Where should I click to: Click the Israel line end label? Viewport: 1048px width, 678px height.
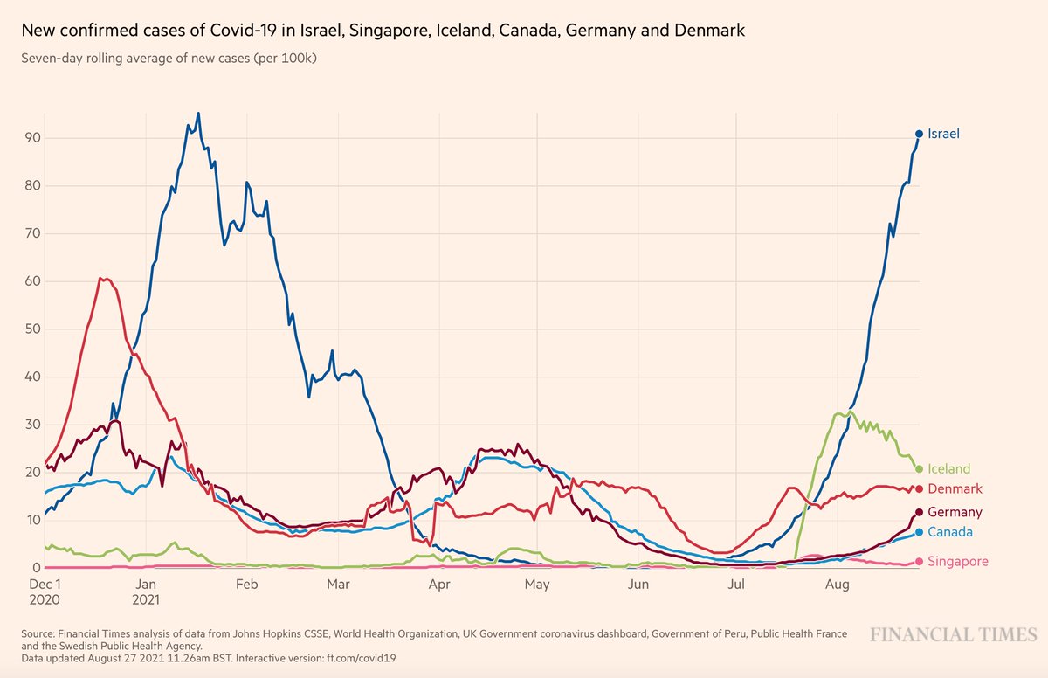click(944, 134)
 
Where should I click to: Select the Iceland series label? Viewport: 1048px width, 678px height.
click(948, 469)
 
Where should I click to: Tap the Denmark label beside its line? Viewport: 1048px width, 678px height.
click(955, 488)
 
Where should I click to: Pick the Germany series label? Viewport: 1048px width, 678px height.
click(955, 512)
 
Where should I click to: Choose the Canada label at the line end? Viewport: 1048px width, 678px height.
click(950, 532)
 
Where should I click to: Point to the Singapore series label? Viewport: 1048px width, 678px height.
click(958, 562)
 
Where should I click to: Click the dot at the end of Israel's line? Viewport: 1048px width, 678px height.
click(919, 134)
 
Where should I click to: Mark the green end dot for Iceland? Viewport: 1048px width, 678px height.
click(919, 469)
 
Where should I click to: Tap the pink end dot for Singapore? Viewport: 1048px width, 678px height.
click(919, 562)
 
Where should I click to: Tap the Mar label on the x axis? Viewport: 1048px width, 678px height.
click(338, 584)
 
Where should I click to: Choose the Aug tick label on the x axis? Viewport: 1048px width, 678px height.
click(838, 584)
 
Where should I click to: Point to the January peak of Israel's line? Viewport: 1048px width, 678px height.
click(198, 114)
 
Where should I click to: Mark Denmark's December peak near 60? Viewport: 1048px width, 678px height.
click(102, 279)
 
